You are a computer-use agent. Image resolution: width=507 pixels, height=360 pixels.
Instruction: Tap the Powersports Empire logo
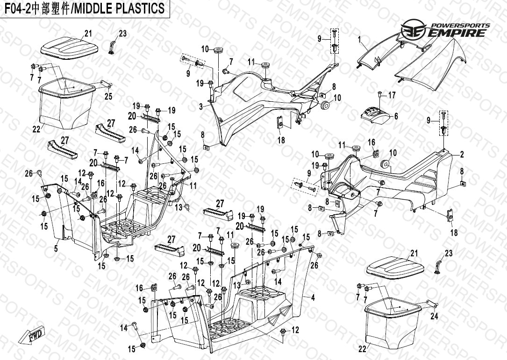(x=446, y=31)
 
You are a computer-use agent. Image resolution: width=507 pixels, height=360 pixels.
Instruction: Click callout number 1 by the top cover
(x=360, y=40)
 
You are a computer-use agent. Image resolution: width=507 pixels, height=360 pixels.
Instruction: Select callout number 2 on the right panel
(x=462, y=155)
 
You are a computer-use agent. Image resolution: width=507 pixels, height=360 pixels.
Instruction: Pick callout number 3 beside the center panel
(x=201, y=107)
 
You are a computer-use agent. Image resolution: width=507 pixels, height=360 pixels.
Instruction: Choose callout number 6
(x=396, y=116)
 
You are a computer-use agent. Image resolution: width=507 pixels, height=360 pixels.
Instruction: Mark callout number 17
(x=392, y=95)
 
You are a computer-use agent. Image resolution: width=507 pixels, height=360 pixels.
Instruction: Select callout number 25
(x=108, y=97)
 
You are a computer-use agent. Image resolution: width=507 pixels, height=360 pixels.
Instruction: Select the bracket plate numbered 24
(x=430, y=306)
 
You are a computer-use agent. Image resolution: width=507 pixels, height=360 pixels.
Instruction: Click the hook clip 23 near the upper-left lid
(x=112, y=47)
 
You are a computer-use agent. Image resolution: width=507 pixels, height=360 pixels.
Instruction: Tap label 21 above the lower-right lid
(x=414, y=254)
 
